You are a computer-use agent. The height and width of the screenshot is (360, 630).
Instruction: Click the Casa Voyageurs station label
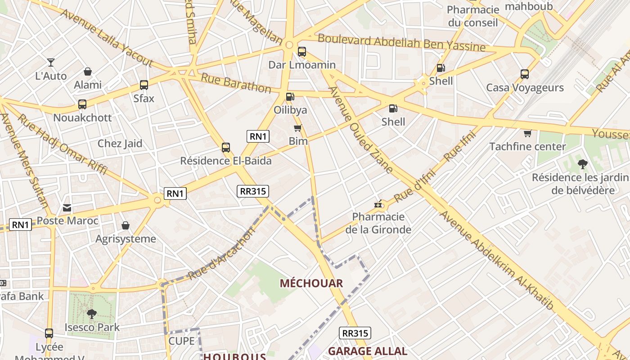pyautogui.click(x=525, y=87)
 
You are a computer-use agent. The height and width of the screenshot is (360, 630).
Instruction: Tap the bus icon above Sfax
pyautogui.click(x=144, y=85)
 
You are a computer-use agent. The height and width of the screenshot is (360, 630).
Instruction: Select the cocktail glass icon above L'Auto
pyautogui.click(x=51, y=63)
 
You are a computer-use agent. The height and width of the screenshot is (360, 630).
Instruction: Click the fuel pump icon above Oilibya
pyautogui.click(x=290, y=96)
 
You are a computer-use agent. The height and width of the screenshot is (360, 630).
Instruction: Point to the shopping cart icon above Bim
pyautogui.click(x=297, y=128)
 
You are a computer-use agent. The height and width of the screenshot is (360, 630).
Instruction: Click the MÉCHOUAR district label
pyautogui.click(x=311, y=283)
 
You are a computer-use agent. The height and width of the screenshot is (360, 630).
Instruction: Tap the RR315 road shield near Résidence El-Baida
pyautogui.click(x=253, y=191)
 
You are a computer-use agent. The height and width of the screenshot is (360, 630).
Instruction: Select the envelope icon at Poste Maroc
pyautogui.click(x=67, y=208)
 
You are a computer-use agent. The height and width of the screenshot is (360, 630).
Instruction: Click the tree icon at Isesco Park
pyautogui.click(x=92, y=314)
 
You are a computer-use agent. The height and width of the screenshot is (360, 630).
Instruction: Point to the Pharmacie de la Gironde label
pyautogui.click(x=378, y=223)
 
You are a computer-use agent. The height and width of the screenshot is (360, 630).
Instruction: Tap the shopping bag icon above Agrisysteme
pyautogui.click(x=126, y=225)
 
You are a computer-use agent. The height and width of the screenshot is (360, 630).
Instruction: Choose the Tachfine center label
pyautogui.click(x=527, y=146)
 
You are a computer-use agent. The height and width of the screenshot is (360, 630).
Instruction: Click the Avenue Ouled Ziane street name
pyautogui.click(x=361, y=130)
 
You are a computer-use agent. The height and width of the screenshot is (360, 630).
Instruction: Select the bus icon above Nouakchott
pyautogui.click(x=82, y=104)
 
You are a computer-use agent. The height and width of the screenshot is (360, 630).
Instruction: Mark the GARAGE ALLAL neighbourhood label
pyautogui.click(x=368, y=351)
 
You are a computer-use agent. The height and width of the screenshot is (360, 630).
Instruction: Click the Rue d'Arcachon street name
pyautogui.click(x=221, y=254)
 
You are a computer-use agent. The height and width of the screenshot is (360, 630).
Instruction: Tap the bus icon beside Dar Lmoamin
pyautogui.click(x=302, y=52)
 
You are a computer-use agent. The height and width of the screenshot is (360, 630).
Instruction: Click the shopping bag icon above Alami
pyautogui.click(x=88, y=72)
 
